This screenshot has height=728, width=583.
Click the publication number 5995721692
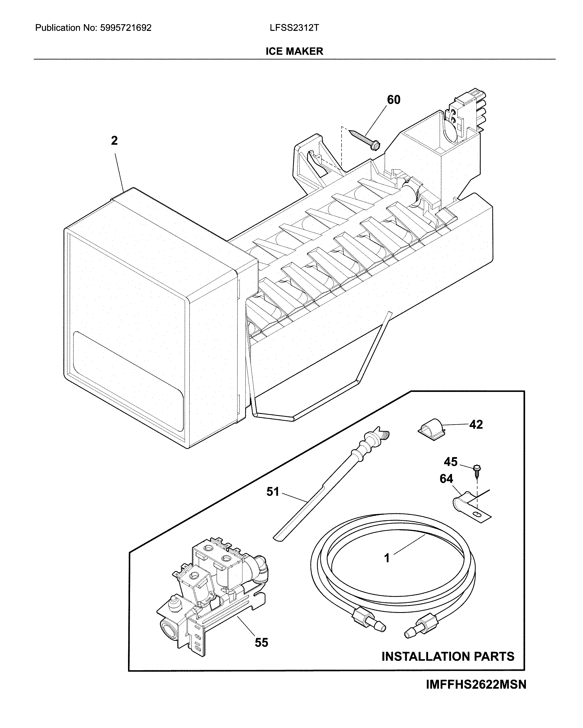(126, 28)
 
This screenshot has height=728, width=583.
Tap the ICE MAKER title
(294, 51)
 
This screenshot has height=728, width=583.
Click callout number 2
(114, 141)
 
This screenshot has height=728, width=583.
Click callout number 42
(476, 425)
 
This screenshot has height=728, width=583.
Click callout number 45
(451, 462)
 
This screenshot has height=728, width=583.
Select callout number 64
(446, 479)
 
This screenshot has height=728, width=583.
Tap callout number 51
(273, 492)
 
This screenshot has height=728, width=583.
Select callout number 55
(261, 643)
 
